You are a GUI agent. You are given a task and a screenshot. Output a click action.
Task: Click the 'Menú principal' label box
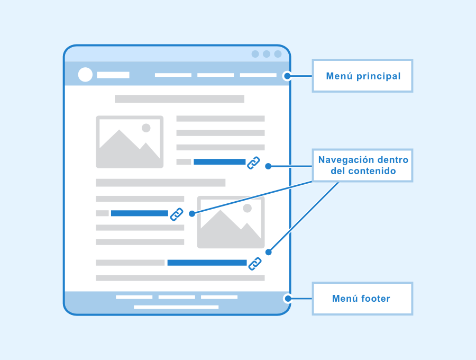click(362, 76)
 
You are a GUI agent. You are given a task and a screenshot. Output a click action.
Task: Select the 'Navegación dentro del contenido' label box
click(362, 165)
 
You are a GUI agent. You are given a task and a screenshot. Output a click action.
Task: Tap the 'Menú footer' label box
click(362, 299)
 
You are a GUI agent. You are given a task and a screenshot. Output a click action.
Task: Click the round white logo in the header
click(85, 75)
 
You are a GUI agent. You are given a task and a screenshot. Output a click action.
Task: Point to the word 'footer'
click(376, 299)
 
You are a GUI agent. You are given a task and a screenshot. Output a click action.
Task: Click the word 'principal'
click(379, 76)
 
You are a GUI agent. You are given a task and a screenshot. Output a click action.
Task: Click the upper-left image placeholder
click(130, 142)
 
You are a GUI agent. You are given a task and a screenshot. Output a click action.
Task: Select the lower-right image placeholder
click(231, 222)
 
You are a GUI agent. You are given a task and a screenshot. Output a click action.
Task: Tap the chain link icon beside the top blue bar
click(253, 163)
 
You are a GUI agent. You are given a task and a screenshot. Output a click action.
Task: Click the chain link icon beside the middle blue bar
click(177, 214)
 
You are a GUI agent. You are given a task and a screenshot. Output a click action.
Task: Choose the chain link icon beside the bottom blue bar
click(255, 264)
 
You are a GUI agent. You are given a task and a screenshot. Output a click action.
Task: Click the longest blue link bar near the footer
click(207, 263)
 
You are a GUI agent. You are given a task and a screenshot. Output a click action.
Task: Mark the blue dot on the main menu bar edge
click(287, 76)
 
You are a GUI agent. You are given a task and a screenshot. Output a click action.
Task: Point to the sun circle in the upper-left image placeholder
click(146, 128)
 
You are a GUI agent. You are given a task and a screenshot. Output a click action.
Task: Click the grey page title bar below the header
click(179, 98)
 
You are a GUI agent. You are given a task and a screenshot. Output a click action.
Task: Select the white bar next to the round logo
click(113, 75)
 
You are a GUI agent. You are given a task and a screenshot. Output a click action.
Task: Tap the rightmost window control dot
click(278, 54)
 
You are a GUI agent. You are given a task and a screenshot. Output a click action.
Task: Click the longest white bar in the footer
click(176, 307)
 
